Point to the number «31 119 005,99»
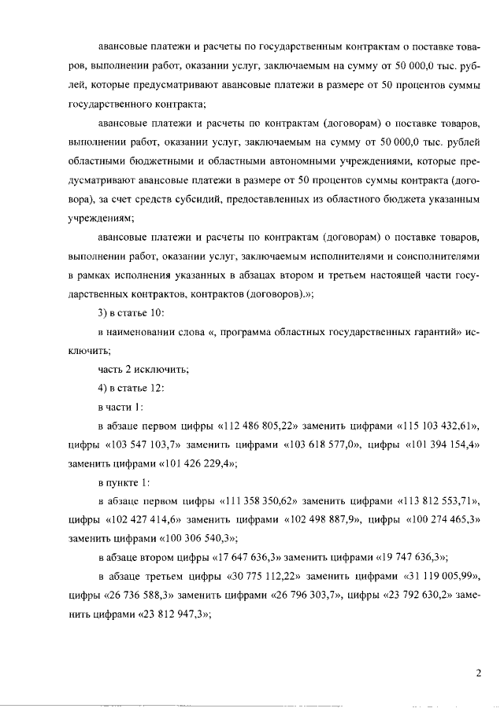(x=440, y=577)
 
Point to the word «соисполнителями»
(x=435, y=256)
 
